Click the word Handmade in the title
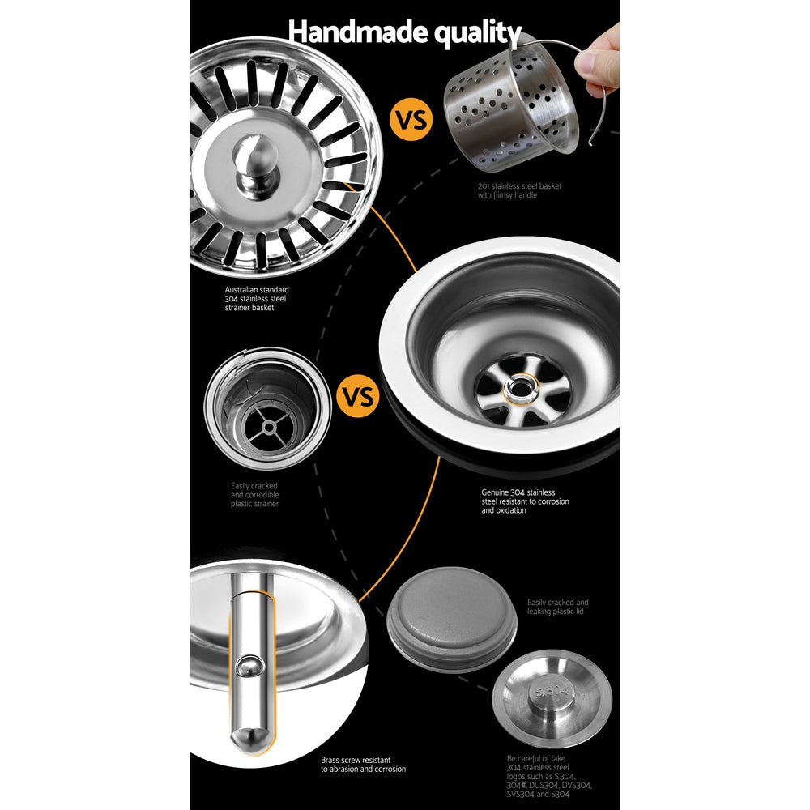tap(347, 32)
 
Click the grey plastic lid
tap(451, 618)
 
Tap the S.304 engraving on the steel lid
tap(552, 691)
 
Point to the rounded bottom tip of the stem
tap(247, 739)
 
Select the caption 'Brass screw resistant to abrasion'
tap(363, 764)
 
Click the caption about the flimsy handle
tap(518, 191)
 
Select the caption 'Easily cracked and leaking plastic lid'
tap(557, 607)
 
